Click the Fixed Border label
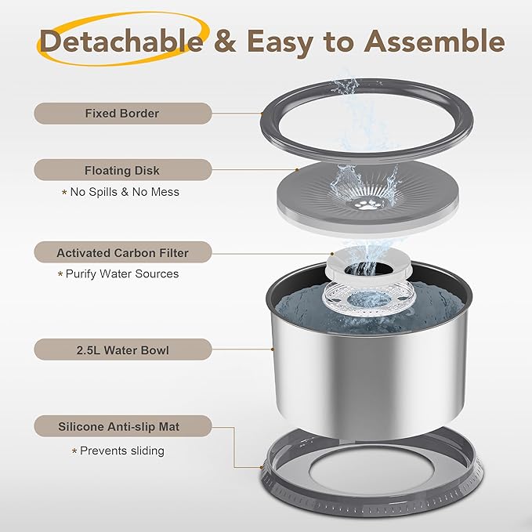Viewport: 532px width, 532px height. coord(121,114)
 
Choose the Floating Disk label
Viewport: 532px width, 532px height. coord(121,170)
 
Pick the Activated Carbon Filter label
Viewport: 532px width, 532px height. coord(122,253)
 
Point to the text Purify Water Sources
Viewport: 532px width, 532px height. coord(122,274)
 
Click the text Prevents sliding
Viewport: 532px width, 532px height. coord(122,451)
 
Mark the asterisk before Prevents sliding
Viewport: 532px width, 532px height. coord(74,452)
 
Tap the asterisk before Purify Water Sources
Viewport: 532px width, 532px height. coord(60,275)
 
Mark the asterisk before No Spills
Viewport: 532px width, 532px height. coord(64,193)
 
